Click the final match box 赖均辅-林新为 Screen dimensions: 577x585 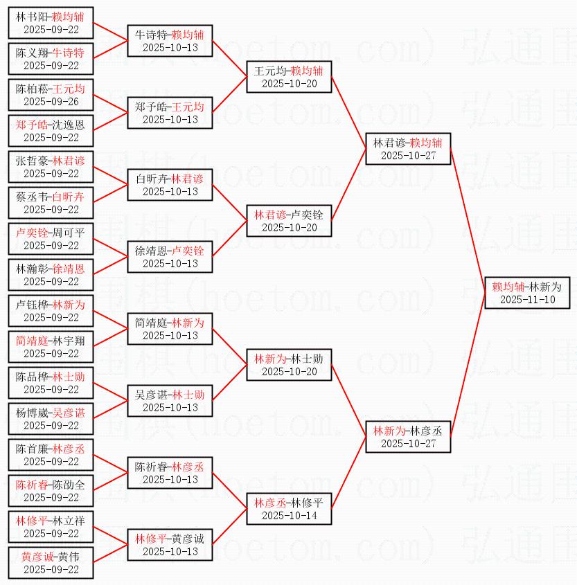tap(527, 293)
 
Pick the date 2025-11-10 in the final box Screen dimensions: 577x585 tap(527, 300)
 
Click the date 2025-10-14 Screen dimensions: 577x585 tap(289, 516)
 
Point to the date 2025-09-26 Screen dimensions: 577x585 tap(51, 102)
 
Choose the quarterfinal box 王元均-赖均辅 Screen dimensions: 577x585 tap(289, 77)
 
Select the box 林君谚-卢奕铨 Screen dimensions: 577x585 tap(289, 221)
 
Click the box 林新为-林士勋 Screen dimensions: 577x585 tap(289, 365)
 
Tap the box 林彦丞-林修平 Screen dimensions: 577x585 tap(289, 509)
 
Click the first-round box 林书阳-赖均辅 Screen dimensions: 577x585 tap(51, 23)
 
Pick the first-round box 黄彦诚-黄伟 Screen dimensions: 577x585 tap(51, 563)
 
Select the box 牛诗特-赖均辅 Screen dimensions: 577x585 tap(170, 41)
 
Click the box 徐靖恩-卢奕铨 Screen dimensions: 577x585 tap(170, 257)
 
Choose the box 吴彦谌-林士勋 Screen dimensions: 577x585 tap(170, 401)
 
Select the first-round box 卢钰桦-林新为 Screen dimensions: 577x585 tap(51, 311)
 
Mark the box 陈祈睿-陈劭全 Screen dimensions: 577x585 tap(51, 491)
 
